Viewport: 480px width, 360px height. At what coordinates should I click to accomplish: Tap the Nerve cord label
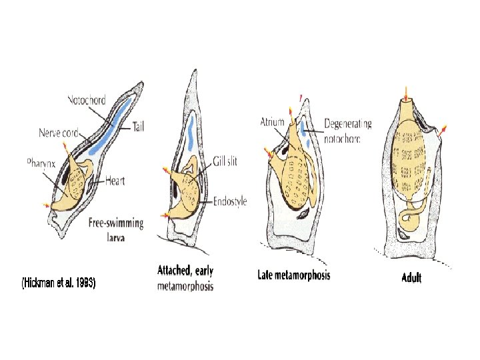(59, 132)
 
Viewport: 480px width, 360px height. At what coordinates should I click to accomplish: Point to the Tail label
(139, 125)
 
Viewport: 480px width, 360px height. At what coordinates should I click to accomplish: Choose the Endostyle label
(230, 201)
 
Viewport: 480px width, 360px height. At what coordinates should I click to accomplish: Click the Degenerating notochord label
(347, 131)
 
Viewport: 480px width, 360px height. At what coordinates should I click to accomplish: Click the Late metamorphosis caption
(293, 275)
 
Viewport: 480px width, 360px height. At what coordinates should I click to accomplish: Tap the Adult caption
(411, 277)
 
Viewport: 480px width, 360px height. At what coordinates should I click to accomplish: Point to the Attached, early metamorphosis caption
(185, 278)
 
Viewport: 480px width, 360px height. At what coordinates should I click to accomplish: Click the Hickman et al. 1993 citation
(58, 283)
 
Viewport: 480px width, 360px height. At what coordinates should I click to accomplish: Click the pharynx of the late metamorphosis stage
(296, 187)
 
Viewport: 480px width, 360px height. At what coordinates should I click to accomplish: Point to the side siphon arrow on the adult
(443, 129)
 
